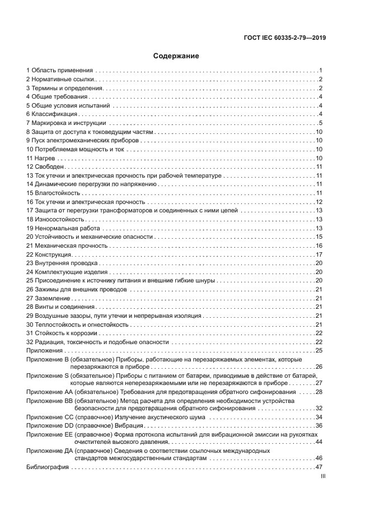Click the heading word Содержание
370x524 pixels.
[x=176, y=56]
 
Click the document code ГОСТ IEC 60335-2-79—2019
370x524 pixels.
[x=285, y=38]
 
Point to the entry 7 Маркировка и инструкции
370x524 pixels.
[x=66, y=123]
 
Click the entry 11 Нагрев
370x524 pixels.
[x=40, y=158]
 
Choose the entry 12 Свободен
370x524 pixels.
[x=45, y=166]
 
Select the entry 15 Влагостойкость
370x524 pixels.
[x=53, y=193]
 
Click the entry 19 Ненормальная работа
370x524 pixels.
[x=63, y=228]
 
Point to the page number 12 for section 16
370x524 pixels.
[x=319, y=202]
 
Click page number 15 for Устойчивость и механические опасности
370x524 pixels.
[x=319, y=237]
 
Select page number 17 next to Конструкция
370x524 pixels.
[x=319, y=254]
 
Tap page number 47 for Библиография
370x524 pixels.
[x=319, y=467]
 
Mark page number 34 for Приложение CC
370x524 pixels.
[x=319, y=417]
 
